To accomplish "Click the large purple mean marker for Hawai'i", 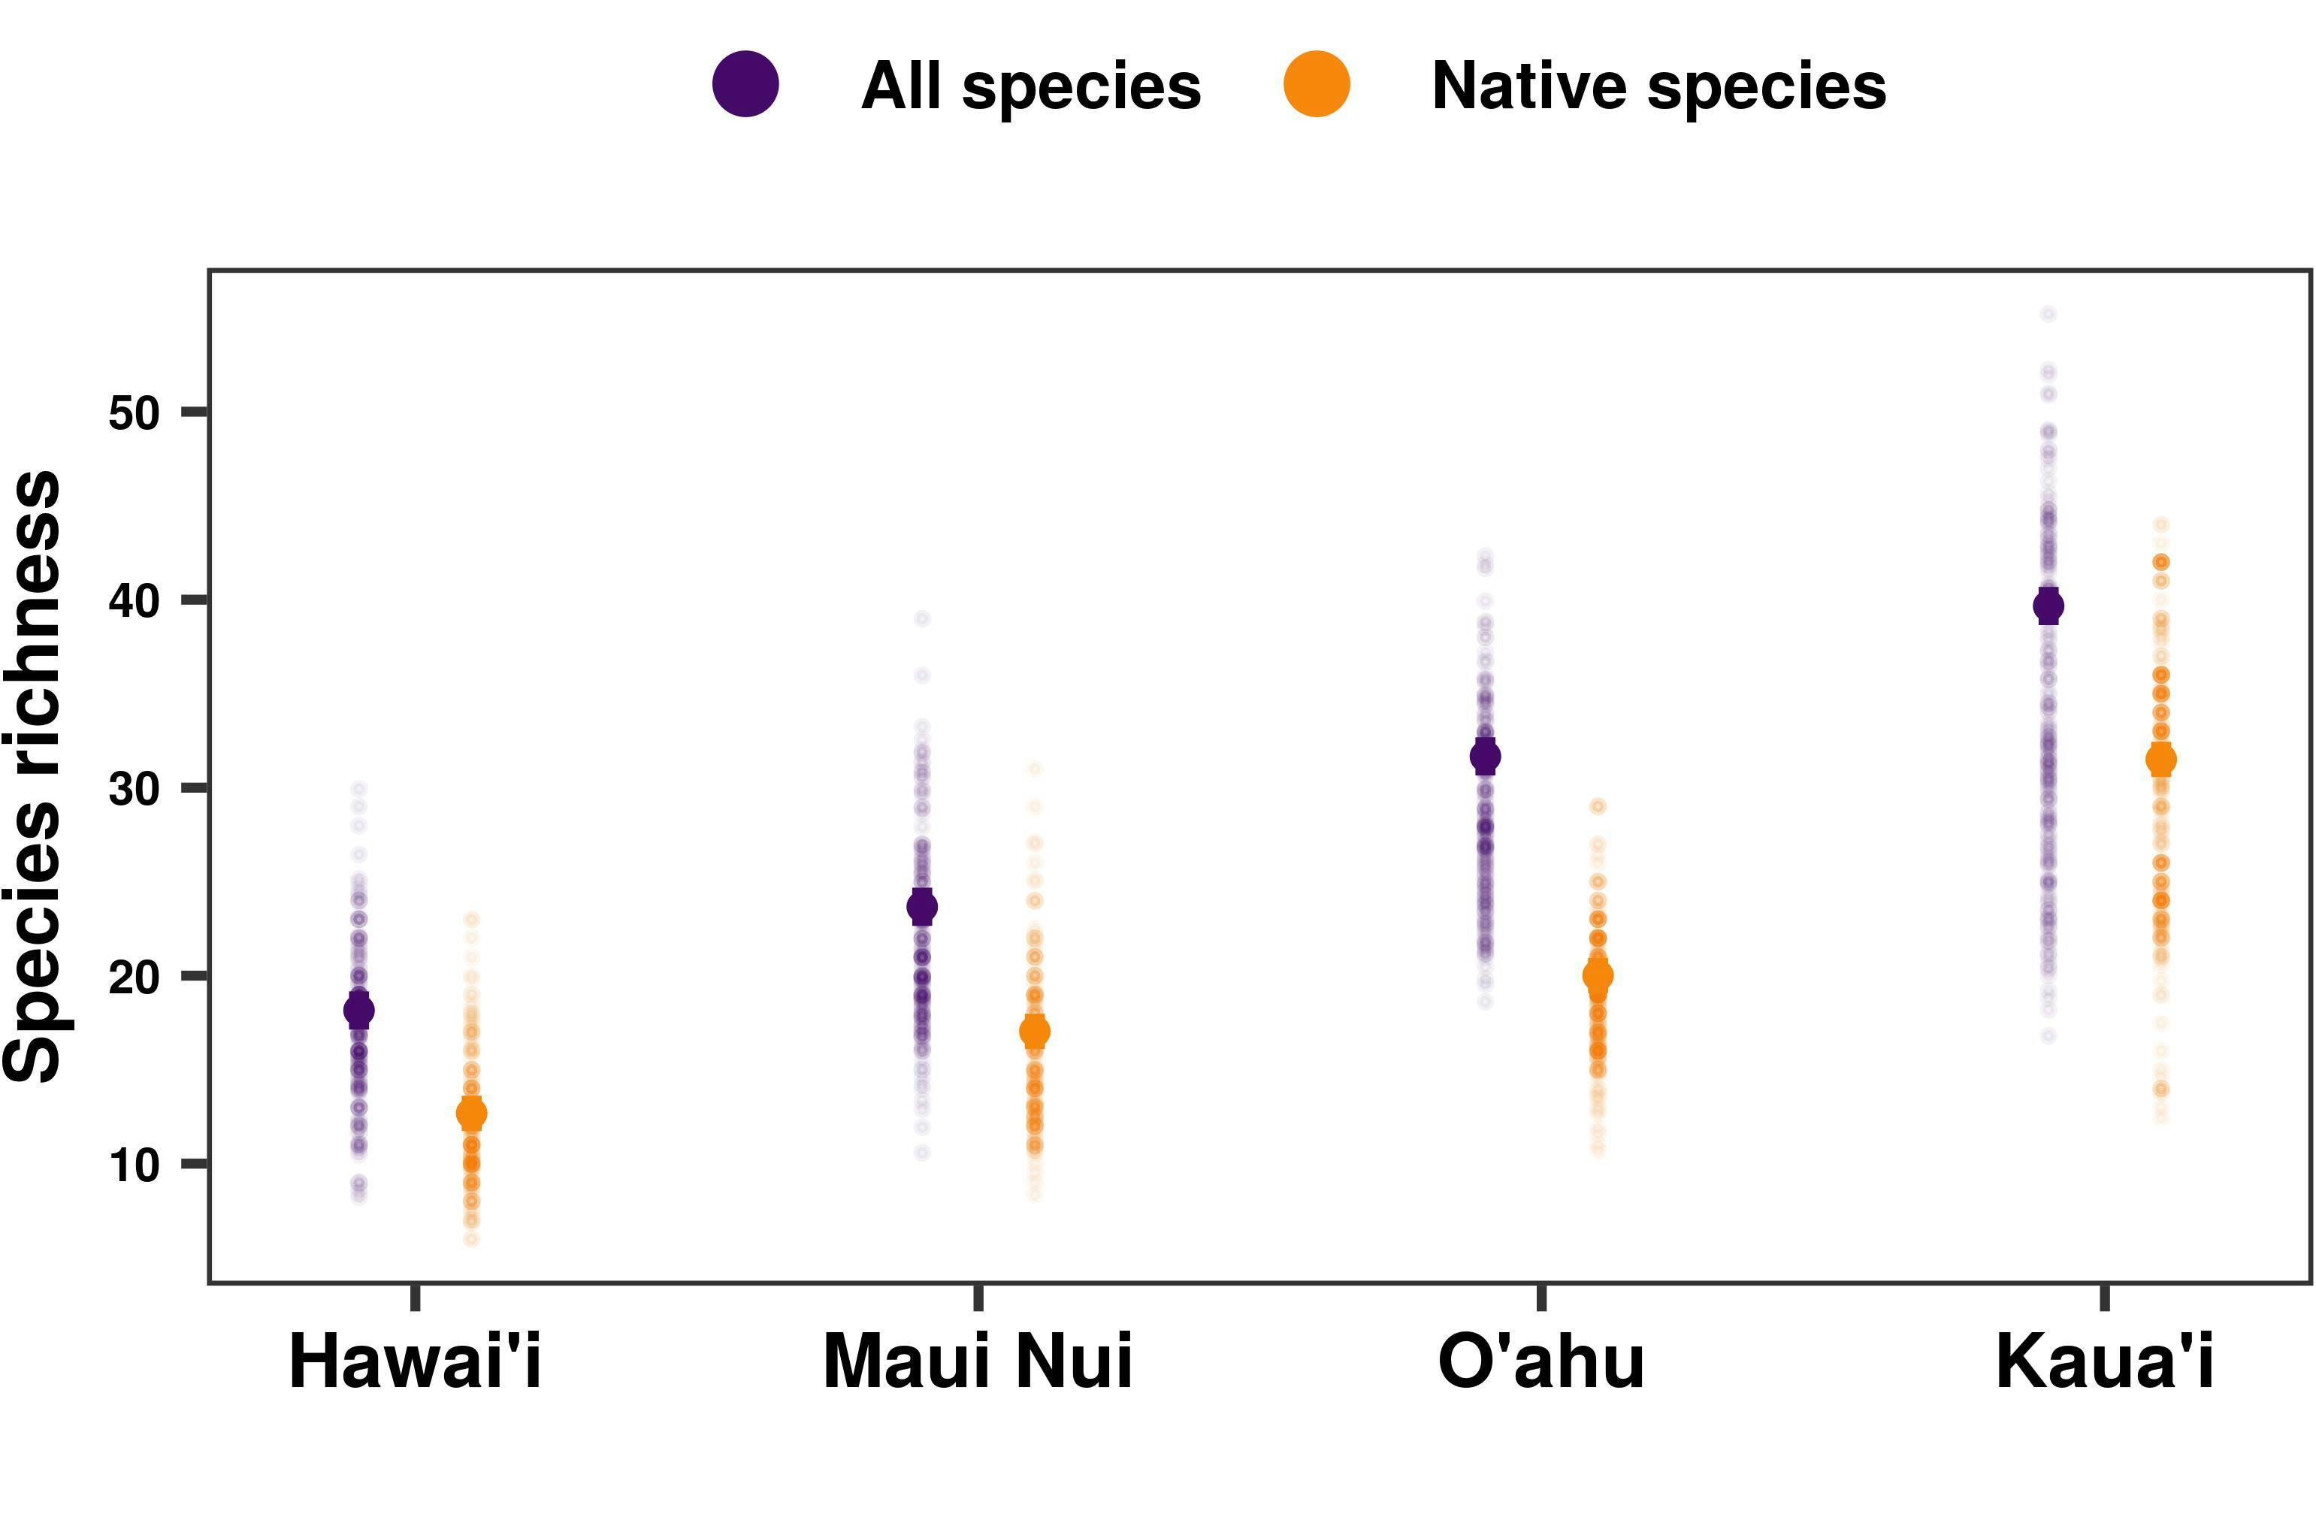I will click(359, 1010).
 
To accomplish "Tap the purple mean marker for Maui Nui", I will click(921, 907).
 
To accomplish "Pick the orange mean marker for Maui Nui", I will click(1035, 1032).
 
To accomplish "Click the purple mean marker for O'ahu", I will click(1485, 756).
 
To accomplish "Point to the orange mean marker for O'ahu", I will click(1598, 975).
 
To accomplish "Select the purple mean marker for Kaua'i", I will click(2048, 606).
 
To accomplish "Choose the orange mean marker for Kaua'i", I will click(2161, 759).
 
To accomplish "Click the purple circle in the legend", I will click(745, 85).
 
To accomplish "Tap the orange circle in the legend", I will click(1317, 85).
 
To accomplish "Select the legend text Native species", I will click(1658, 86).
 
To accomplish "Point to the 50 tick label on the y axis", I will click(133, 413).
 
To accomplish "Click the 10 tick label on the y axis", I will click(133, 1165).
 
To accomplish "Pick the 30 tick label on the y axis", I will click(133, 789).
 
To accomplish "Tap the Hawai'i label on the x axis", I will click(415, 1362).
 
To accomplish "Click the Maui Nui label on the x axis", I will click(977, 1362).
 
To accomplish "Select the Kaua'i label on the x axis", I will click(2105, 1362).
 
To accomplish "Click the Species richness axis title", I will click(33, 775).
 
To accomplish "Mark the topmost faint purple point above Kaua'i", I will click(2048, 313).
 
